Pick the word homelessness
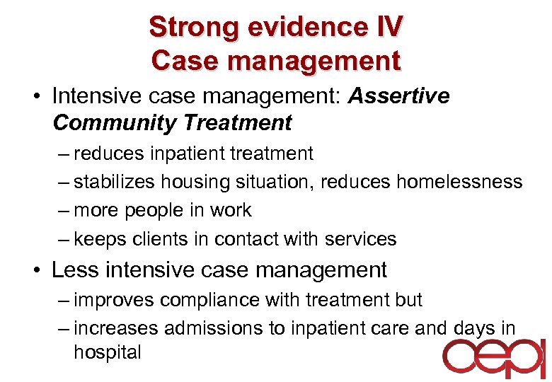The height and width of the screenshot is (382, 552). point(459,182)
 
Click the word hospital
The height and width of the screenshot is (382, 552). point(108,352)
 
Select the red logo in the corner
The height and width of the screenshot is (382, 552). point(493,359)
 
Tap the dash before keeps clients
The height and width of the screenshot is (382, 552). point(63,239)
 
